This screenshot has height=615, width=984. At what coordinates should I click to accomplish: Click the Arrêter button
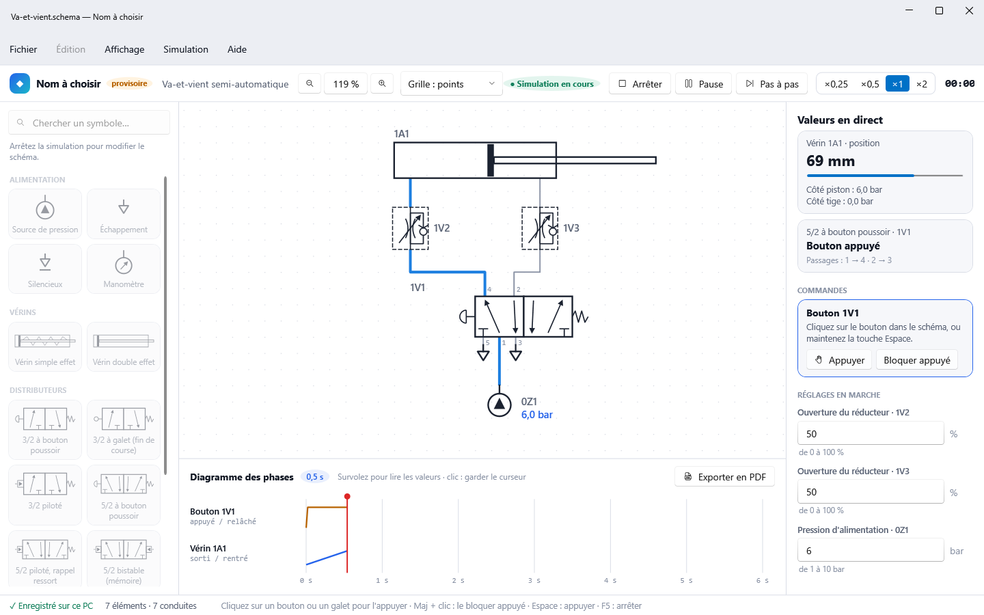point(640,84)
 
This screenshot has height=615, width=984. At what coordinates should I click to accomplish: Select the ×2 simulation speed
point(922,84)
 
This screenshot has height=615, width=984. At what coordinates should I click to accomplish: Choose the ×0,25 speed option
point(836,84)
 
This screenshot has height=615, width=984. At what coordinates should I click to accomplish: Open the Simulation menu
point(186,49)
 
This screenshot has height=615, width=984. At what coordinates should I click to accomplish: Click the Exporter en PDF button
point(724,477)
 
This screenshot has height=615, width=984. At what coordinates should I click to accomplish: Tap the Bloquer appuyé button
point(917,360)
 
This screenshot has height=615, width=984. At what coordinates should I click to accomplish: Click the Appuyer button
point(839,360)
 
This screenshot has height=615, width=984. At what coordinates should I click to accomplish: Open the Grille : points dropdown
point(451,84)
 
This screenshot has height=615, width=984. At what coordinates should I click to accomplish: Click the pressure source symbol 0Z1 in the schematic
point(499,405)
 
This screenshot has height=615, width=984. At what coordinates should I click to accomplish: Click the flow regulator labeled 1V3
point(540,228)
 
